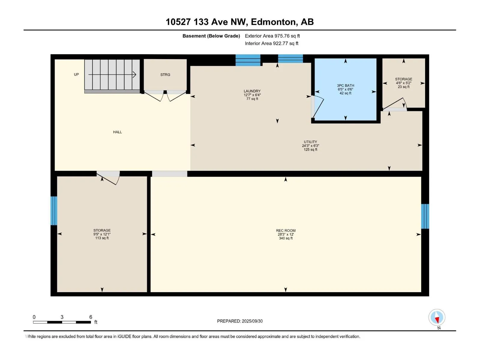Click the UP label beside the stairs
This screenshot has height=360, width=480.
click(76, 74)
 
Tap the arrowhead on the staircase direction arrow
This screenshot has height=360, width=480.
click(135, 75)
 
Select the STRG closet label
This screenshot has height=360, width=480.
click(165, 75)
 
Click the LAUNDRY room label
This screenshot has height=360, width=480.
click(252, 91)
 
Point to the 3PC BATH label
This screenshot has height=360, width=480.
click(346, 85)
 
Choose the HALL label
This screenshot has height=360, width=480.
click(117, 132)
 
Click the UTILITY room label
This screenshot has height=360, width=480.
click(310, 142)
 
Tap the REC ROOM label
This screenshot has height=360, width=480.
click(286, 231)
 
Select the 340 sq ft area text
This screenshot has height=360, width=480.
click(286, 238)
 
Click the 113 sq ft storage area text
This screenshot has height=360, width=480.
click(102, 238)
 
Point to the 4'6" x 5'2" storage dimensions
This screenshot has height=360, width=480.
click(403, 83)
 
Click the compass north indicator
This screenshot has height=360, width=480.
click(437, 317)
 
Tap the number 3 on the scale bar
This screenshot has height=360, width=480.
click(62, 317)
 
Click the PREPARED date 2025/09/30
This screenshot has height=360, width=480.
click(252, 321)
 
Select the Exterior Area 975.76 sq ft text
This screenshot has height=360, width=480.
click(272, 36)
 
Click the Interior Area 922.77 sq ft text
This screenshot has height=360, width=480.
click(271, 43)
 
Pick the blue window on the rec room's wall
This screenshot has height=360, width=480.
click(425, 216)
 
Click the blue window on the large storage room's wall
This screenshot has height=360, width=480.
click(54, 211)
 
